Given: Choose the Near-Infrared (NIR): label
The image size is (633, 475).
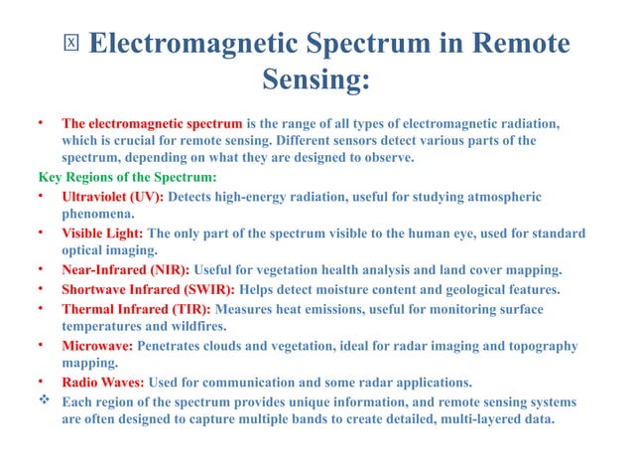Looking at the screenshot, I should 126,270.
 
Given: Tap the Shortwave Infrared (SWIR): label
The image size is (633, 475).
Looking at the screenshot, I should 148,289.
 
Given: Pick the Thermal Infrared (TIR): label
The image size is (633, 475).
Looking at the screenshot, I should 136,308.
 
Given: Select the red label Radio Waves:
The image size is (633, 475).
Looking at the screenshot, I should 103,383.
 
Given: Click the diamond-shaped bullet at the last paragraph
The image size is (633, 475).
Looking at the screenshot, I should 41,401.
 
